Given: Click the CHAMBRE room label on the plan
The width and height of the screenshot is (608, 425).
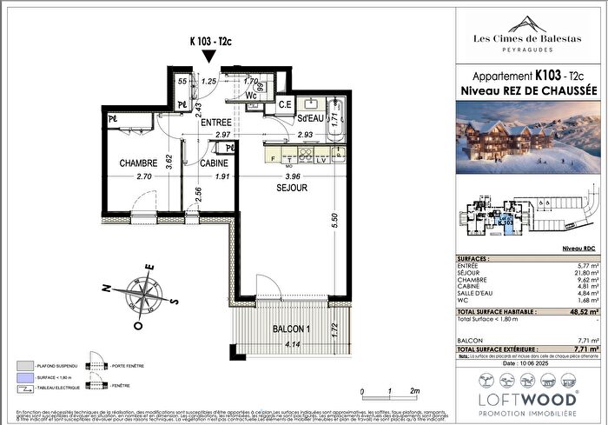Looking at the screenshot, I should (x=139, y=163).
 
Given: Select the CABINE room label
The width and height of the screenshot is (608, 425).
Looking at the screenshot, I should (x=214, y=163).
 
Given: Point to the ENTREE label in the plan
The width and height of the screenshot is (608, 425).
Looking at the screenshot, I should (x=217, y=123).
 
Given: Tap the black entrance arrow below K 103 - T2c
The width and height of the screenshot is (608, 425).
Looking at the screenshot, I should (x=208, y=56).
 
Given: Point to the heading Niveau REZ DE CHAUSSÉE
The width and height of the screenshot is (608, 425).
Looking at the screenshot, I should (x=528, y=90).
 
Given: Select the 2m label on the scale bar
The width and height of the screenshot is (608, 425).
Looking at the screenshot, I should (x=416, y=392).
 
